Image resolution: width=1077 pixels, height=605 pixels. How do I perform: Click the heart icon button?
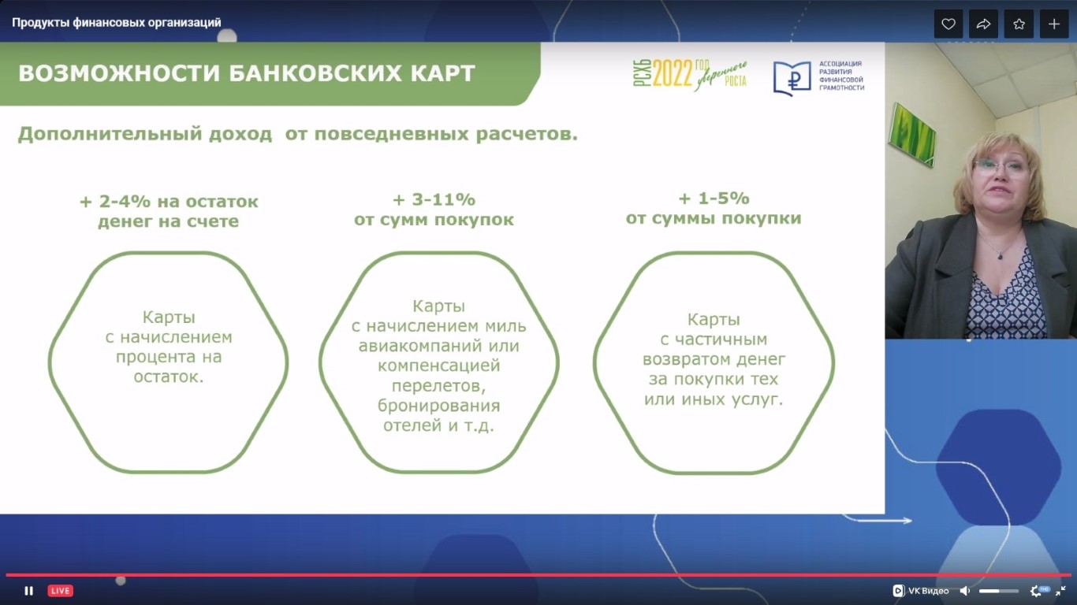click(x=948, y=24)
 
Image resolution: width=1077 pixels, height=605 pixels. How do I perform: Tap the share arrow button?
click(x=983, y=24)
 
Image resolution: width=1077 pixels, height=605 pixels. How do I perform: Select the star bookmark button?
click(x=1019, y=24)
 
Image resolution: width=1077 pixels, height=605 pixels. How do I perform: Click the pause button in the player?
click(x=29, y=591)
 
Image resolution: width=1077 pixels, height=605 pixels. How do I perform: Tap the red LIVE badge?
click(x=60, y=591)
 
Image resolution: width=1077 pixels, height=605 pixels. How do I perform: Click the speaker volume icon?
click(x=965, y=591)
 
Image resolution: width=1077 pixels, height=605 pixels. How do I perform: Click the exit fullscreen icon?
click(x=1060, y=591)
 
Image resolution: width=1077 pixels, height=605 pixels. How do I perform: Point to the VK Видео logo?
click(x=921, y=591)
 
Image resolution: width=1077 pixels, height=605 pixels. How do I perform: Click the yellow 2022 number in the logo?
click(x=673, y=73)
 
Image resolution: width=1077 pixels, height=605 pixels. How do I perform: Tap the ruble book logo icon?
click(x=792, y=78)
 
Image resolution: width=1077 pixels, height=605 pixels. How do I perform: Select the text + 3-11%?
click(x=434, y=199)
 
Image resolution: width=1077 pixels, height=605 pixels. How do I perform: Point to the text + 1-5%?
click(x=714, y=198)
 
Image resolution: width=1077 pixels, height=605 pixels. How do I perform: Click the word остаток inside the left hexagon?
click(x=169, y=377)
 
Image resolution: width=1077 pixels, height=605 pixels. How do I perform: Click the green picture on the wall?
click(x=911, y=135)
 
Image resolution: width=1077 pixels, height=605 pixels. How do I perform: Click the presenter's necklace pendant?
click(x=1001, y=255)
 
